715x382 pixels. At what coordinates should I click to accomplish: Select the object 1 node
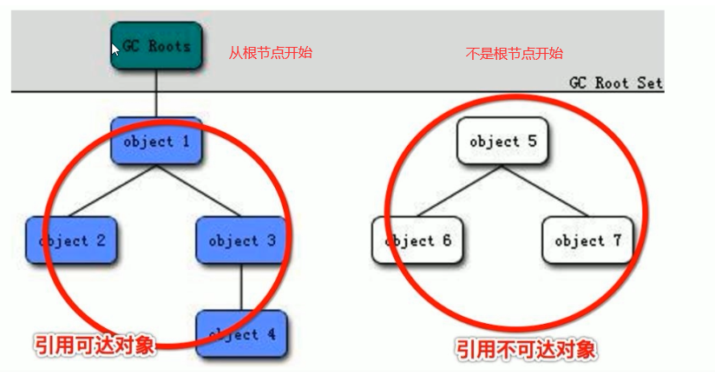tap(156, 141)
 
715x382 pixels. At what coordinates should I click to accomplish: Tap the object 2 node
tap(70, 240)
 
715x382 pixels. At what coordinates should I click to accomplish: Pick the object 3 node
tap(241, 240)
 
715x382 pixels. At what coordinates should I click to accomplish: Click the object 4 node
tap(241, 334)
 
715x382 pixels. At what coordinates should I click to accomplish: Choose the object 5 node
tap(502, 141)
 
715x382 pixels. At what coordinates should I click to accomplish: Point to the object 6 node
tap(417, 240)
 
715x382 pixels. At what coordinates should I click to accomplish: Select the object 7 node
tap(587, 240)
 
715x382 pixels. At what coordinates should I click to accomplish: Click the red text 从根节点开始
tap(270, 53)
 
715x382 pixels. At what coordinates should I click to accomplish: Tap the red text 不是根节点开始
tap(515, 53)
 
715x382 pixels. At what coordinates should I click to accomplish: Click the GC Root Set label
tap(615, 82)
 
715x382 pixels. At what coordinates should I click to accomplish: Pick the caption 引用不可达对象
tap(527, 351)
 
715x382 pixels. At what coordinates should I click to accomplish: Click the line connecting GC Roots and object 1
tap(156, 95)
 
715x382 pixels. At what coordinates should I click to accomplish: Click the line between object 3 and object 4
tap(241, 287)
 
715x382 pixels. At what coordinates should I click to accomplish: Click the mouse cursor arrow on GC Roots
tap(115, 49)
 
